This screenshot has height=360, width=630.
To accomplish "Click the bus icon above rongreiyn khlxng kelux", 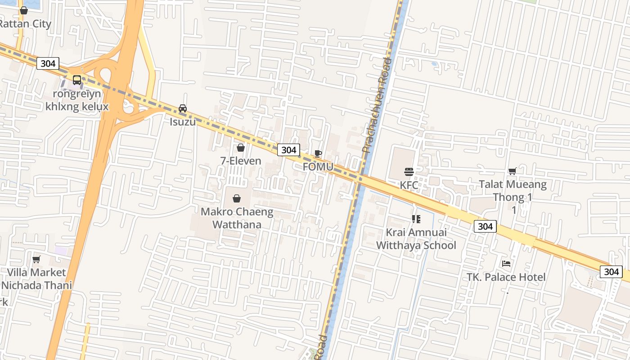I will coord(77,80).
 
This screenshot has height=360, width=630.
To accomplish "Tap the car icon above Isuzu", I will coord(183,108).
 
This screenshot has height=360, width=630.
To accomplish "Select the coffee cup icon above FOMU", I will coord(318,153).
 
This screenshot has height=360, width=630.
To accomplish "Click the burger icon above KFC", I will coord(409,171).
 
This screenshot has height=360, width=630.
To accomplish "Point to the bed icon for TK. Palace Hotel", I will coord(506,264).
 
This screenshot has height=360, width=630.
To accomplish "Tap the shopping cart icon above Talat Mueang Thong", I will coord(512,171).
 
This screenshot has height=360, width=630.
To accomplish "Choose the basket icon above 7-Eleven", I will coord(241,148).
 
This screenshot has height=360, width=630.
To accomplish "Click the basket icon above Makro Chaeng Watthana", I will coord(237,198).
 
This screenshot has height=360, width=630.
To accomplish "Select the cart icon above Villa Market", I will coord(36,259).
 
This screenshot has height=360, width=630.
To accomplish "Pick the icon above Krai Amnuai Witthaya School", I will coord(416,219).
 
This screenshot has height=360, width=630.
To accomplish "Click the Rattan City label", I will coord(25,24).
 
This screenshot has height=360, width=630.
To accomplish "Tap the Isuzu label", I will coord(183,121).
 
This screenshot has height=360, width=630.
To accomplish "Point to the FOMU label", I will coord(318,167).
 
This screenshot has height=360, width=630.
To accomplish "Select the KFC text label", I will coord(409,185).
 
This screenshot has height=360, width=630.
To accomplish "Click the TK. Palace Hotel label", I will coord(506,277).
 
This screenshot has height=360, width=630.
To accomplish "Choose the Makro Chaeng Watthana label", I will coord(237,218).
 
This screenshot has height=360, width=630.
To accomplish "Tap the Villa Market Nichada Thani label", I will coord(36,279).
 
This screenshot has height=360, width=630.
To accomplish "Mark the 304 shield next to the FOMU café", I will coord(288,150).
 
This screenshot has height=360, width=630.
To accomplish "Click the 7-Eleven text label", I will coord(241,161).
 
